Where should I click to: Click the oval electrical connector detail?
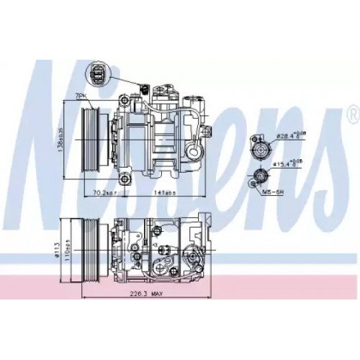tap(97, 73)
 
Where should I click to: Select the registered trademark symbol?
tap(351, 114)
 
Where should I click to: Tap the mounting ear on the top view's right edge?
tap(207, 130)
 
